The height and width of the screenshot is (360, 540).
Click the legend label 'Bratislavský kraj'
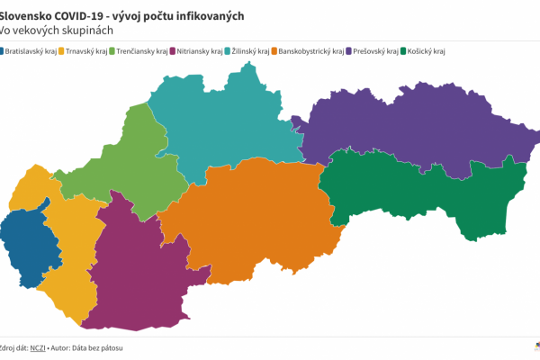pyautogui.click(x=31, y=51)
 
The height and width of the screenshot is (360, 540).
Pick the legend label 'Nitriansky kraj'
pyautogui.click(x=199, y=51)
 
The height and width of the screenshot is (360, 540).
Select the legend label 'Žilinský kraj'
pyautogui.click(x=252, y=51)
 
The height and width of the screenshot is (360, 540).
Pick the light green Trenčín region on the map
pyautogui.click(x=139, y=162)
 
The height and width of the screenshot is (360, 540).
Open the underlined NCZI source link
pyautogui.click(x=38, y=347)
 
